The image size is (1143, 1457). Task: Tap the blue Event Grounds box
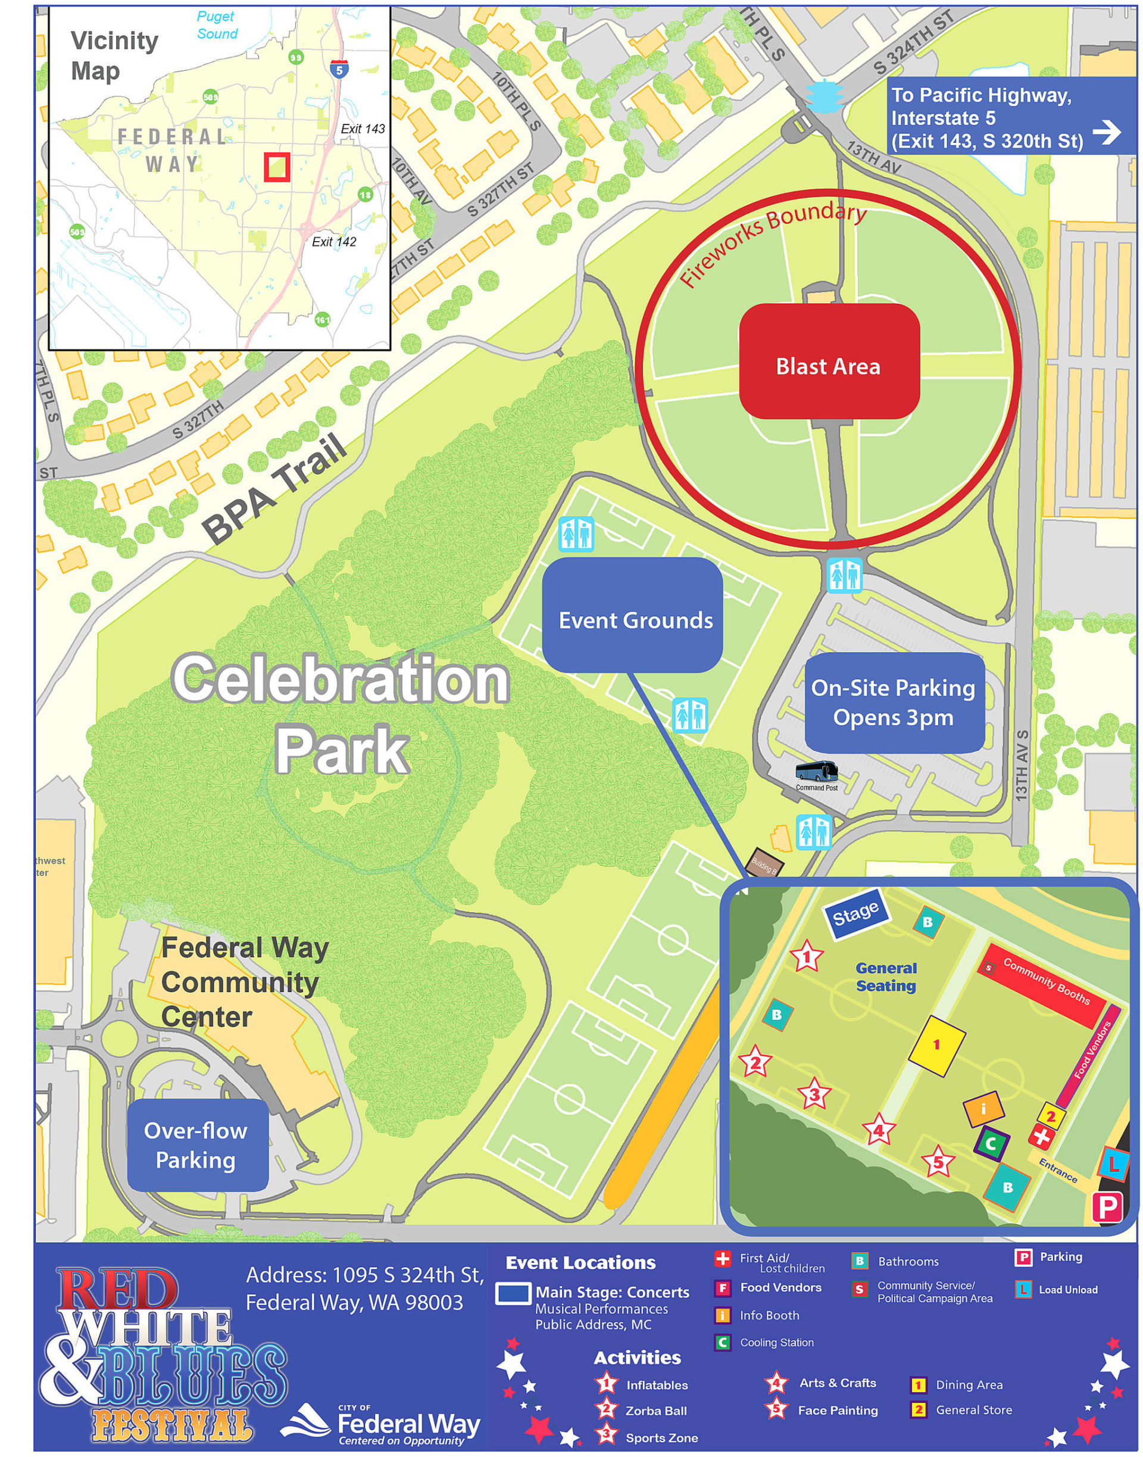(x=632, y=615)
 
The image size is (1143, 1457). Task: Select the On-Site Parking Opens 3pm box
(x=894, y=703)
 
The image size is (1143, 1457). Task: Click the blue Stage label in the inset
(x=855, y=914)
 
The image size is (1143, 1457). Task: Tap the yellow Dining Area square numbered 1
(x=936, y=1045)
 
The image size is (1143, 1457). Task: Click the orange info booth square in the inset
(x=983, y=1109)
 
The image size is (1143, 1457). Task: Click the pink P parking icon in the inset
(x=1106, y=1208)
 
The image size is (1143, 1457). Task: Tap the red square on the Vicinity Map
(x=276, y=167)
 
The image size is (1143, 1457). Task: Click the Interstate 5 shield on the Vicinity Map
(x=339, y=69)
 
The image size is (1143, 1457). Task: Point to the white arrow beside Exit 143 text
(x=1107, y=132)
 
